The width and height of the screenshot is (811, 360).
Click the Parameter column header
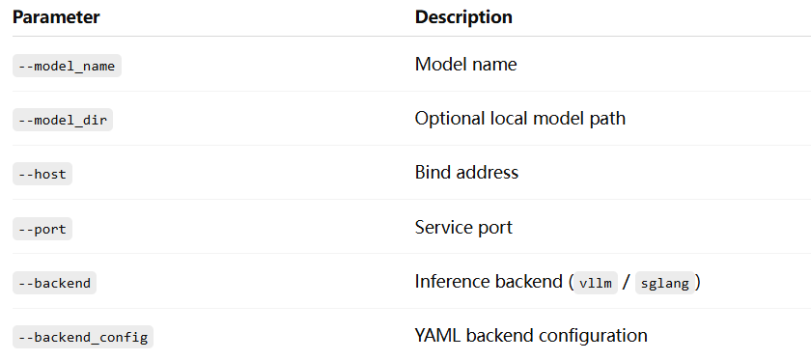point(56,17)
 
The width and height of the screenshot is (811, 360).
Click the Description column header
point(463,17)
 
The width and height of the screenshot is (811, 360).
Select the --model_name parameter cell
point(67,66)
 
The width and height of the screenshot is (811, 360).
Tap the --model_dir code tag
point(63,120)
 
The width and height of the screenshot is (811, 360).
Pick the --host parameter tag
point(42,174)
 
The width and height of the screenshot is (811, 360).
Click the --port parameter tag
point(42,229)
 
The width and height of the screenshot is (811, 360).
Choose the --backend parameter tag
point(54,283)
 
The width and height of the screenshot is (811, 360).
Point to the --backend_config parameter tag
point(83,337)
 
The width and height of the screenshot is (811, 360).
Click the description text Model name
point(465,65)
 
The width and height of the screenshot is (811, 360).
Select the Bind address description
point(466,172)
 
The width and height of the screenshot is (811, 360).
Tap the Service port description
point(463,228)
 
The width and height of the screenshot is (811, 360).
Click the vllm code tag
point(596,283)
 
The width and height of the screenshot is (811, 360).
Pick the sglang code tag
point(664,283)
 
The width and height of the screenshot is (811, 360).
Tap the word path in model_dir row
point(608,119)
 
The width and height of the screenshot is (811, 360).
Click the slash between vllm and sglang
point(627,283)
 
